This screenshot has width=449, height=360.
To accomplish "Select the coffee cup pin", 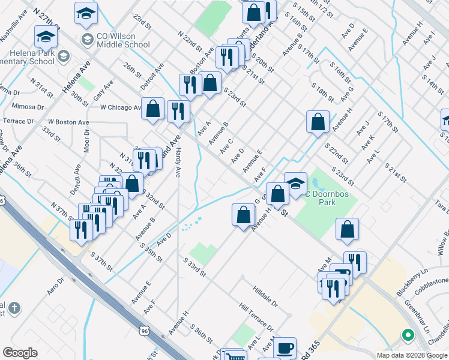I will (x=285, y=348).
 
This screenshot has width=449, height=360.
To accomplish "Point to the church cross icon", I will (x=14, y=308).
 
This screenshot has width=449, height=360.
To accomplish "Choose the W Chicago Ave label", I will (x=120, y=107).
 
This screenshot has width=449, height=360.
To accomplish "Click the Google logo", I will (x=20, y=353).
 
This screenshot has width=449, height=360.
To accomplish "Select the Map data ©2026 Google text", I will (x=412, y=355).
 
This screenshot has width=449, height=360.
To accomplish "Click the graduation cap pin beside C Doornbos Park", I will (x=295, y=184).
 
